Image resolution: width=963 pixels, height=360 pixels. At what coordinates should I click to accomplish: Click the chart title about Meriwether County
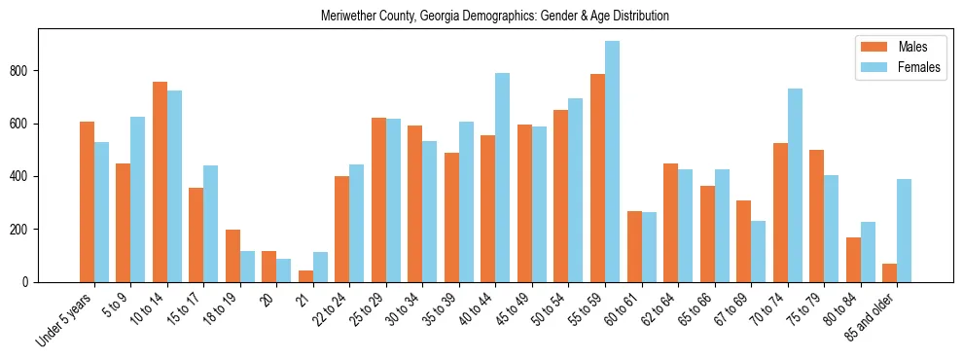(x=494, y=17)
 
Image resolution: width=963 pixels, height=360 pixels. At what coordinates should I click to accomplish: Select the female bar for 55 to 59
(x=612, y=162)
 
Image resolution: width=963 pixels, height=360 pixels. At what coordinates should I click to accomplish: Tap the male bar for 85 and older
(x=889, y=273)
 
